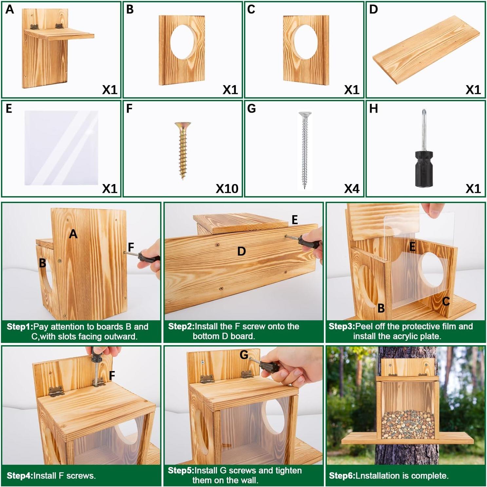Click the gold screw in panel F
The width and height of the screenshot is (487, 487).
pos(183,150)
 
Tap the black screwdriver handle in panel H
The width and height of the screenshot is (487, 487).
pos(426,168)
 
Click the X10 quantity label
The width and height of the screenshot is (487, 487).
pos(227,189)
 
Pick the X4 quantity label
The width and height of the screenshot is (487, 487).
pos(351,189)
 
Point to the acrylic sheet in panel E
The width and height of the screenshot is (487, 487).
pos(61,148)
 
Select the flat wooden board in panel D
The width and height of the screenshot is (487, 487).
pos(426,50)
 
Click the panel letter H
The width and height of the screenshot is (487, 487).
pos(373,108)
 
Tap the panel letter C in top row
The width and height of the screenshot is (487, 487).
pos(251,9)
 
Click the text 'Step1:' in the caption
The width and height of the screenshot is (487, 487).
pos(20,327)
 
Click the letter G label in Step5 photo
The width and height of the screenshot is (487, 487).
pos(244,355)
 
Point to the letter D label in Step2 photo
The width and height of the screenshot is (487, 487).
pos(241,252)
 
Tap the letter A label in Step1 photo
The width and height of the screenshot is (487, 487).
pos(73,234)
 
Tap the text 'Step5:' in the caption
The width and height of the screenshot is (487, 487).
pos(180,471)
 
